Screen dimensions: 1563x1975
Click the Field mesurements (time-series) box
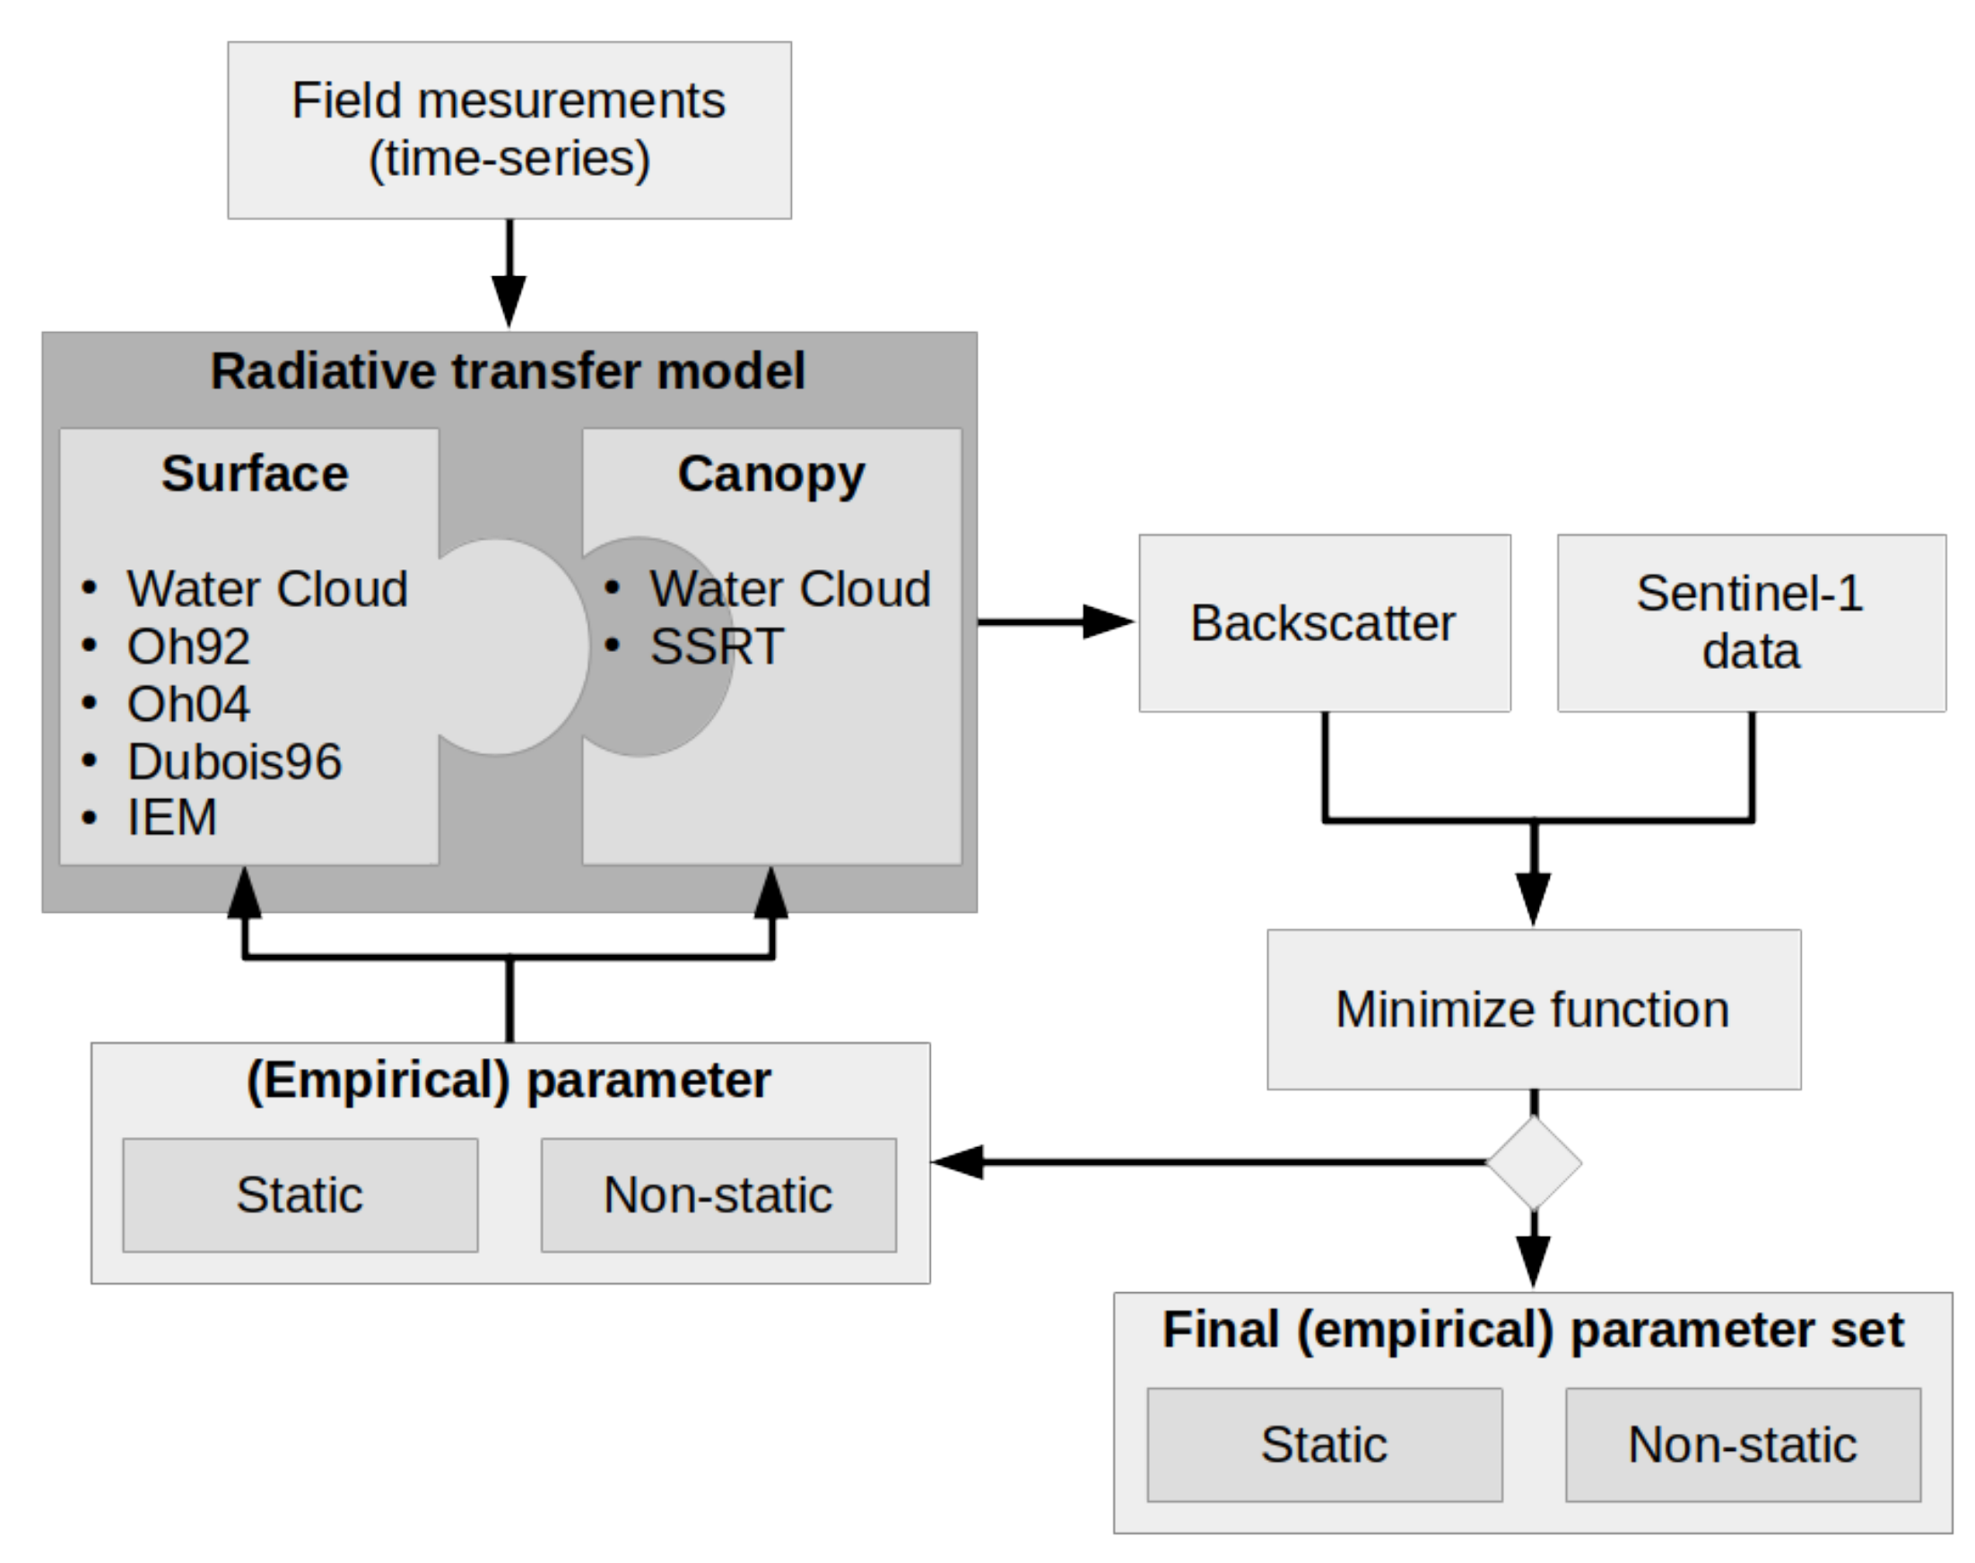click(x=509, y=130)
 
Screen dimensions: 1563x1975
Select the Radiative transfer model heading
click(x=508, y=371)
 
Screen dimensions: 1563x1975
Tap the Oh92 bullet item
click(x=187, y=647)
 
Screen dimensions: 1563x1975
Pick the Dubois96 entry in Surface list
click(x=234, y=761)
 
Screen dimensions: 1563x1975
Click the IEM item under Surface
click(x=172, y=817)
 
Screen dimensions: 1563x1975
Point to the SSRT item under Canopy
click(x=717, y=647)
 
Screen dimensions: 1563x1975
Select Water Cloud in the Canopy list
click(x=789, y=588)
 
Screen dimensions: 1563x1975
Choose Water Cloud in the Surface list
click(x=266, y=588)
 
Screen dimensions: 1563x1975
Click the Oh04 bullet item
click(x=187, y=705)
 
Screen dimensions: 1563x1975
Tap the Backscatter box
click(x=1323, y=623)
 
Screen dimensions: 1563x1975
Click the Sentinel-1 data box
click(x=1751, y=623)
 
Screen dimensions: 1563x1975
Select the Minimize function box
click(x=1533, y=1010)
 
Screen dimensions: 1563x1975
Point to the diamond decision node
click(x=1534, y=1162)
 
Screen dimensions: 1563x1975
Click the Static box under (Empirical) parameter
click(x=300, y=1195)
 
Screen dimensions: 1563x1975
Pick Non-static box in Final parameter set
click(x=1743, y=1445)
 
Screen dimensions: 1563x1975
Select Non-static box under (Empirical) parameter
click(x=718, y=1195)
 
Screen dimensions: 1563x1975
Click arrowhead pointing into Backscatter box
click(x=1108, y=622)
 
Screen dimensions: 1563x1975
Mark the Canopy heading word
click(x=770, y=474)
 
